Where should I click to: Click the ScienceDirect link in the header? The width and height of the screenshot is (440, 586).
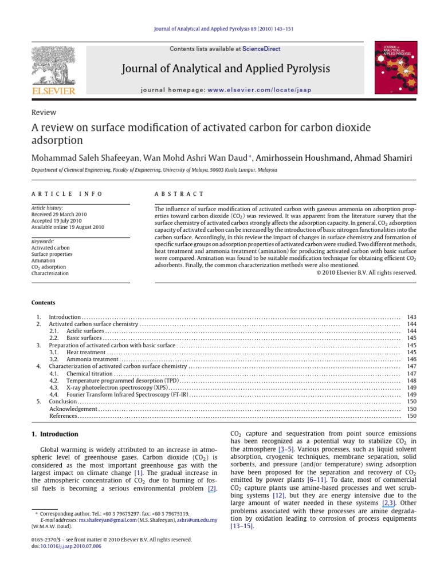click(261, 49)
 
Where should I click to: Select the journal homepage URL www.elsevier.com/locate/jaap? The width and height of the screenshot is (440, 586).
click(251, 90)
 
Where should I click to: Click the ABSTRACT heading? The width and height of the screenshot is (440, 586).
click(179, 195)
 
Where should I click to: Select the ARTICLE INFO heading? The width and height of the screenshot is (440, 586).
click(60, 195)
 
